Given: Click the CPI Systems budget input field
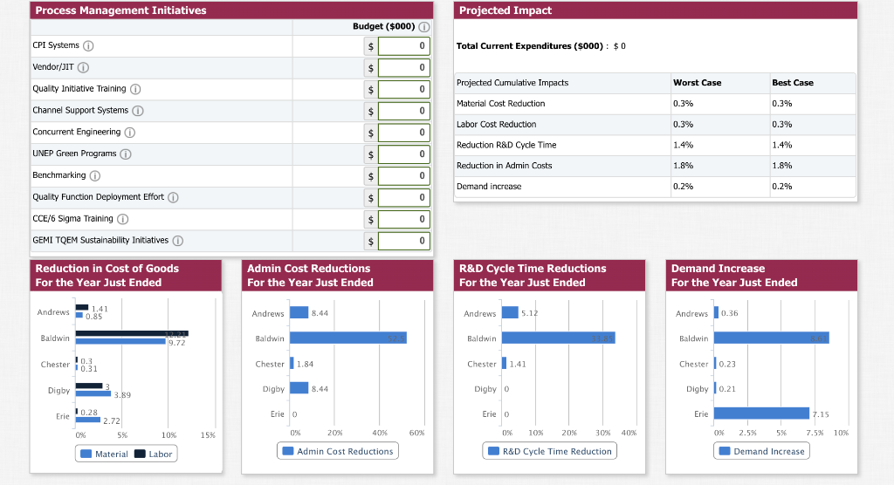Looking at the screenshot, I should click(x=404, y=45).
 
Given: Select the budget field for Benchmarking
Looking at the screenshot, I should click(x=404, y=175).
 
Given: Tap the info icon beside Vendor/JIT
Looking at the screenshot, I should click(x=84, y=67).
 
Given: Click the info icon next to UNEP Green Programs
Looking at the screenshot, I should click(x=126, y=154).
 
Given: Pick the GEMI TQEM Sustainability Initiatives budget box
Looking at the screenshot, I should click(x=404, y=241).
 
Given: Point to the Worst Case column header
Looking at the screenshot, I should click(x=697, y=83).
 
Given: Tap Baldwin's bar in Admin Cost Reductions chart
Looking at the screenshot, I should click(x=347, y=338).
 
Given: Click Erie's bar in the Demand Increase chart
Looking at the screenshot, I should click(x=762, y=413).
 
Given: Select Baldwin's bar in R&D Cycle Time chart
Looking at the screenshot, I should click(x=559, y=338).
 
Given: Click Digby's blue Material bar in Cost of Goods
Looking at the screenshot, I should click(x=93, y=393).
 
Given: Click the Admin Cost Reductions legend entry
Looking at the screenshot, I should click(x=338, y=451).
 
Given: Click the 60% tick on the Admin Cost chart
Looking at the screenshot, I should click(x=416, y=433).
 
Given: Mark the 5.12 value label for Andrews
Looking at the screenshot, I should click(x=530, y=313).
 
